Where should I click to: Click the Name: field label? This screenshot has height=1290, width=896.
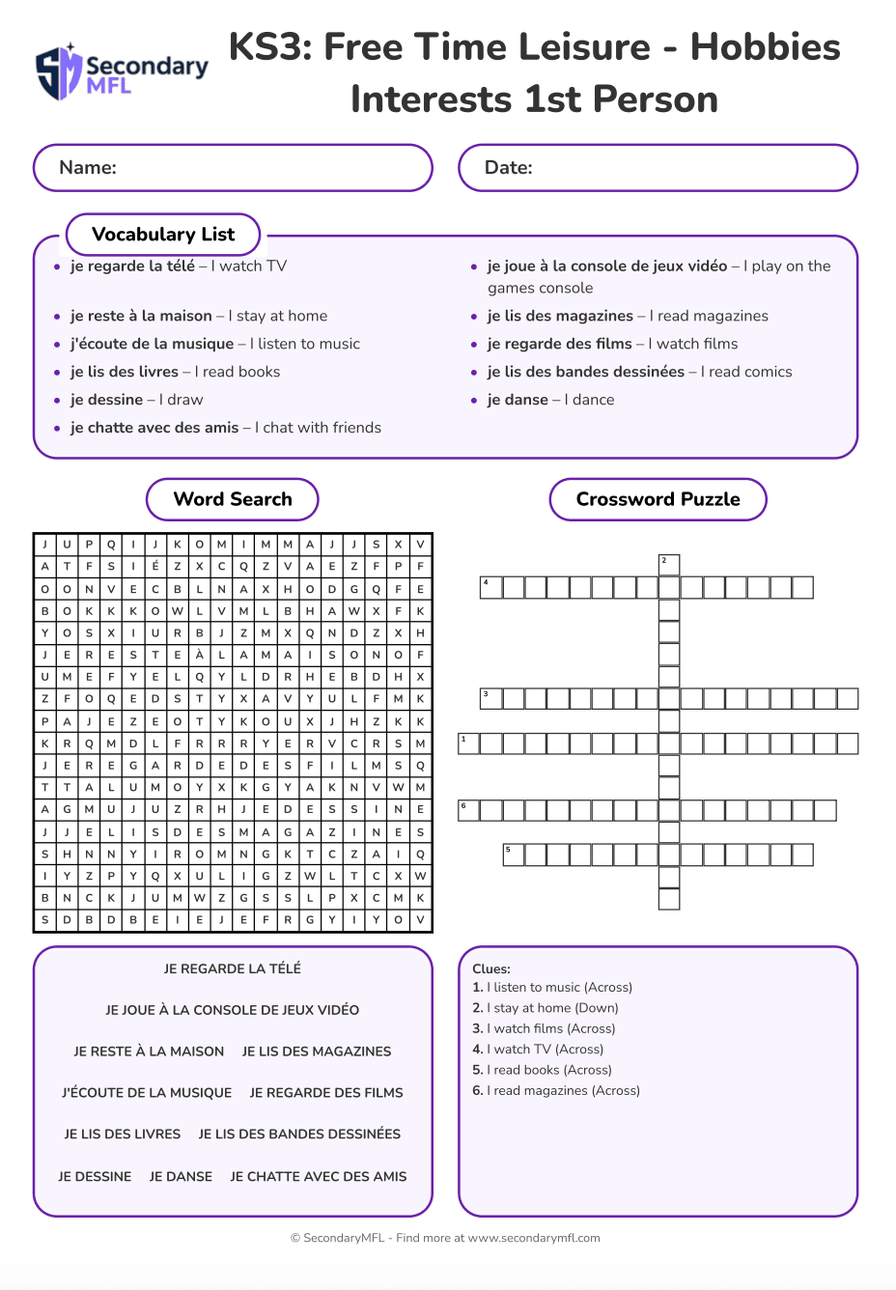[88, 168]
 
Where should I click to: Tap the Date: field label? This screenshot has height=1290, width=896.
[508, 168]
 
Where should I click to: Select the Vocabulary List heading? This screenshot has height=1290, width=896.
[163, 235]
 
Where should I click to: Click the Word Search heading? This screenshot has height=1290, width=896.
[233, 499]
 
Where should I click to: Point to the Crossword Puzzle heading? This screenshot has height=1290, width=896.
[658, 499]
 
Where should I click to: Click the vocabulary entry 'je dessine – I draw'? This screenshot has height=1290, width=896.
[136, 400]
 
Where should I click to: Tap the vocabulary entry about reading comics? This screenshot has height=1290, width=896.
[639, 372]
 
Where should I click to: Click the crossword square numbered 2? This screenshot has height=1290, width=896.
[669, 565]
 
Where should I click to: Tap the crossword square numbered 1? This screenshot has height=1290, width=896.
[468, 743]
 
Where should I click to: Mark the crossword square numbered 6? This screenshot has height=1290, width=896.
[468, 810]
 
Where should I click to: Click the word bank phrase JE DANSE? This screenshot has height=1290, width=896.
[181, 1176]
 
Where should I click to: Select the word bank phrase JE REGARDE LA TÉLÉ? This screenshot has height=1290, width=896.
[233, 968]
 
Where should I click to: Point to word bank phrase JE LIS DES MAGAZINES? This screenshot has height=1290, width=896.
[317, 1052]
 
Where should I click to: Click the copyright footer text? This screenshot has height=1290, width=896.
[445, 1238]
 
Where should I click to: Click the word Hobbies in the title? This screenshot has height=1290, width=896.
[765, 46]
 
